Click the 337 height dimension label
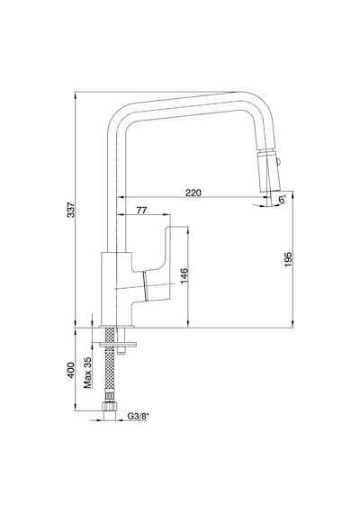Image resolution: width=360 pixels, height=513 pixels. [71, 210]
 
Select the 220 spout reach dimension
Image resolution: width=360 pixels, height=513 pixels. [193, 193]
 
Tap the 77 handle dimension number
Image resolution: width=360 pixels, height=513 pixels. [141, 210]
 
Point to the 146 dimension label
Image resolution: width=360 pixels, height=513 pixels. [184, 275]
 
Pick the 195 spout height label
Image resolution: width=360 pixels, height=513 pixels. [288, 259]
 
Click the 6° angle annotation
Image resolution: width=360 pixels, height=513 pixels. [283, 199]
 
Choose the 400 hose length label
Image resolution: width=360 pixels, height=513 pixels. [71, 370]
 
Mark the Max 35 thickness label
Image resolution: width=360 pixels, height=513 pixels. [87, 372]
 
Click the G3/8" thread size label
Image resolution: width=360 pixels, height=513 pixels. [138, 416]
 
